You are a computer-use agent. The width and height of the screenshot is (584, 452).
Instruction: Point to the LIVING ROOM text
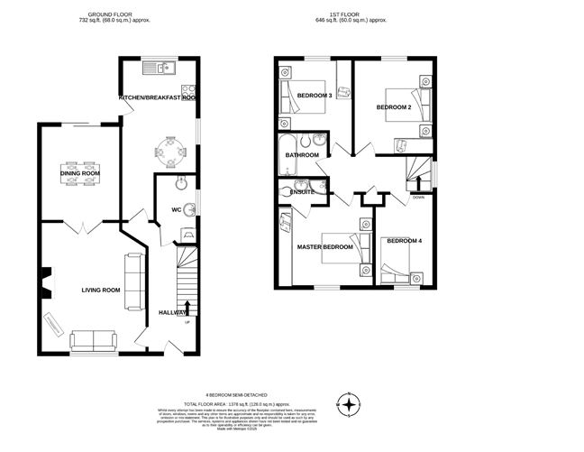click(101, 290)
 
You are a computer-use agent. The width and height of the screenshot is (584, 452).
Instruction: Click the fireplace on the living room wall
click(43, 281)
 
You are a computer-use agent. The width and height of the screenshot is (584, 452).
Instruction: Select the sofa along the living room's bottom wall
click(93, 341)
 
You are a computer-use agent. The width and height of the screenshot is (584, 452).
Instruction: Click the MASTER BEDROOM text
click(324, 247)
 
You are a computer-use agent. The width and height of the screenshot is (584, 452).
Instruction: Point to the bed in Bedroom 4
click(397, 272)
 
